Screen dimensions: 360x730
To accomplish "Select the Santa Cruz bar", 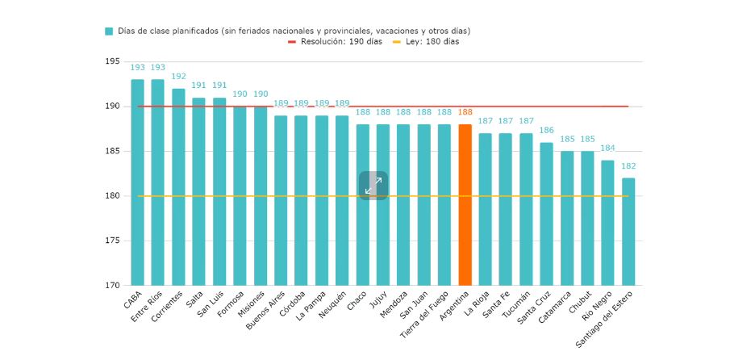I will pyautogui.click(x=546, y=214).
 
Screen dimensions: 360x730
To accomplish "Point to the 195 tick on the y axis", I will pyautogui.click(x=112, y=62).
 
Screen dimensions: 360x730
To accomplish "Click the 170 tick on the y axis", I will pyautogui.click(x=112, y=286).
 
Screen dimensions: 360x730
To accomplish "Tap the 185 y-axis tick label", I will pyautogui.click(x=112, y=152).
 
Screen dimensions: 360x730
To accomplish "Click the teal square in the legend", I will pyautogui.click(x=109, y=31).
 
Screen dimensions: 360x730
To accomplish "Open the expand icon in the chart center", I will pyautogui.click(x=373, y=186).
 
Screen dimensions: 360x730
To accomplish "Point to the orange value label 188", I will pyautogui.click(x=465, y=113).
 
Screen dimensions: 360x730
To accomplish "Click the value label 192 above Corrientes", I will pyautogui.click(x=178, y=77).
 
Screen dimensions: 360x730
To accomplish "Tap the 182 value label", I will pyautogui.click(x=628, y=166).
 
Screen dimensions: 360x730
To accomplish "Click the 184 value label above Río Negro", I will pyautogui.click(x=607, y=149).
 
